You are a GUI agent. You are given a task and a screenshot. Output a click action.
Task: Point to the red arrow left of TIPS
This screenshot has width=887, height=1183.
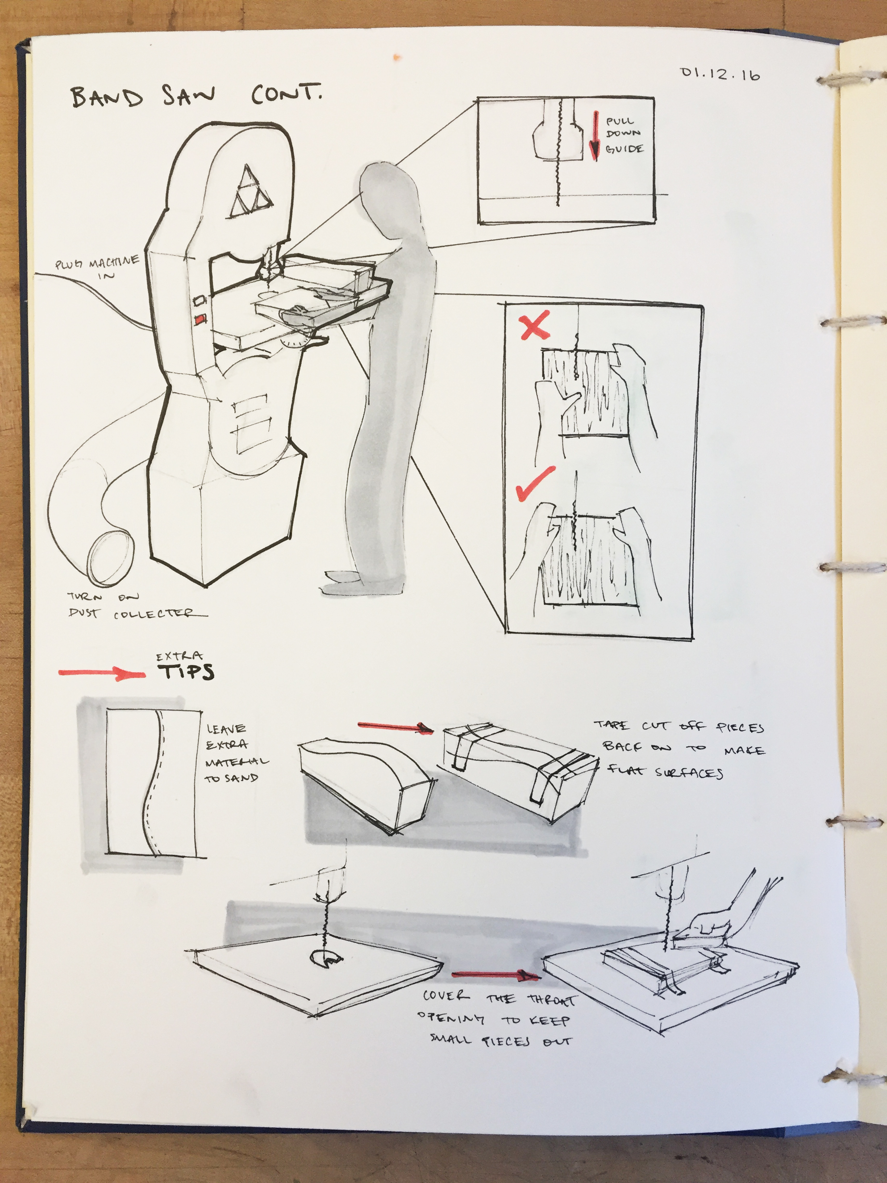[x=101, y=674]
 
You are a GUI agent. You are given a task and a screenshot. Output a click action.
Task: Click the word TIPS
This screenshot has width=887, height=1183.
[x=186, y=672]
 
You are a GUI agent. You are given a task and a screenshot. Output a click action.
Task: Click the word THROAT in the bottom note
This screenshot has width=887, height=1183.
[x=552, y=1000]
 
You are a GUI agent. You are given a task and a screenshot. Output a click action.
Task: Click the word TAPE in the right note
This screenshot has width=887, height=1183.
[x=612, y=726]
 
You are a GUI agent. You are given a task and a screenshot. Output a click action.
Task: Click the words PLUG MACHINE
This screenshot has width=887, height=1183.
[x=97, y=263]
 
